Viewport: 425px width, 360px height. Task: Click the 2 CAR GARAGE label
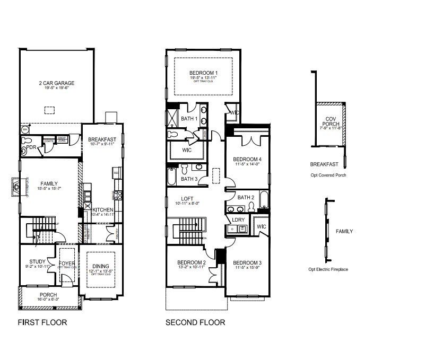coord(56,83)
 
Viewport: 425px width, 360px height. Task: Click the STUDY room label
coord(37,261)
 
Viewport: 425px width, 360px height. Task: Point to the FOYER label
coord(66,262)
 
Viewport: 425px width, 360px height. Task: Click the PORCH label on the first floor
coord(48,295)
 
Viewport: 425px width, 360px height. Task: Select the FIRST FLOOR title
coord(42,322)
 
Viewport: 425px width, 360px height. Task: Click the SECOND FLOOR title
coord(195,322)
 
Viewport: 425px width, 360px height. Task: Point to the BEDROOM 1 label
coord(204,73)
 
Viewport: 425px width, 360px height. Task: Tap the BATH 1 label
coord(189,119)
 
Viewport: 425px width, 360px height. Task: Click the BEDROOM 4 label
coord(247,159)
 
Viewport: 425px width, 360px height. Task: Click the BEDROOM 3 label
coord(247,263)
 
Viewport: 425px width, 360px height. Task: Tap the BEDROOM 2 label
coord(191,262)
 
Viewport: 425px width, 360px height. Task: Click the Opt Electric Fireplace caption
coord(328,269)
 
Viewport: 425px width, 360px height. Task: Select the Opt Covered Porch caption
coord(328,174)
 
